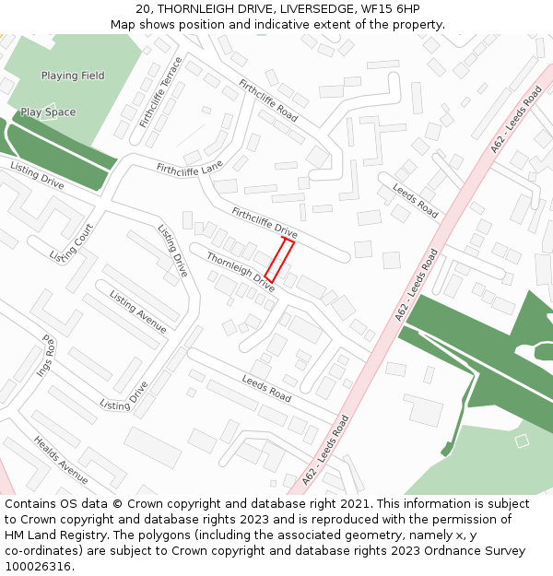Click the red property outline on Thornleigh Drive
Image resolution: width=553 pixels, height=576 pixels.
279,260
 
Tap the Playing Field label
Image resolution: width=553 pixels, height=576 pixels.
73,76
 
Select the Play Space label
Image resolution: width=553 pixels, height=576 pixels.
48,112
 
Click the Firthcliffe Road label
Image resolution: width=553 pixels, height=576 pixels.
268,100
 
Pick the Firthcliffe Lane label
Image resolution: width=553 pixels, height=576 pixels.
190,169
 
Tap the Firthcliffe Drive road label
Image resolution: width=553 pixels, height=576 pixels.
265,221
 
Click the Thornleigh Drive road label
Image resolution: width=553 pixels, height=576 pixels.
241,272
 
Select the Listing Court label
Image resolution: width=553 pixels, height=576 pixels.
72,242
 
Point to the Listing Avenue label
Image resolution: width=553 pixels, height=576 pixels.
138,312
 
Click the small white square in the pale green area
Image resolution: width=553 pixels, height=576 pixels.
522,441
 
